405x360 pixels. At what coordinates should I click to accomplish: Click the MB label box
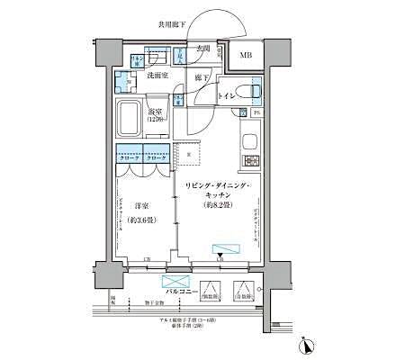point(245,58)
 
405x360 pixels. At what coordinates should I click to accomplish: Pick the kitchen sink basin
point(250,139)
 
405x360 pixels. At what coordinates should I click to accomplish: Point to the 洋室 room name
point(141,205)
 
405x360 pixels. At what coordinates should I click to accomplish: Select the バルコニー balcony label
point(181,292)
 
